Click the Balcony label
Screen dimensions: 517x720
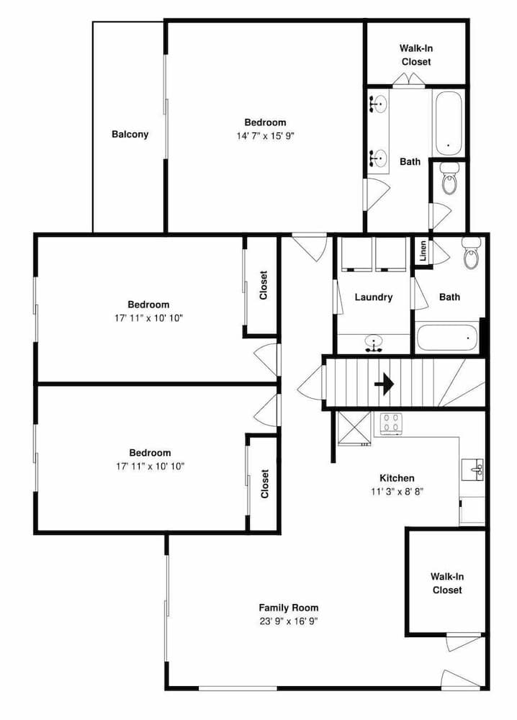click(x=130, y=135)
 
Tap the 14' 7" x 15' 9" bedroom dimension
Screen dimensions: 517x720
click(x=265, y=136)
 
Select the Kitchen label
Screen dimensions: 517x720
click(x=397, y=478)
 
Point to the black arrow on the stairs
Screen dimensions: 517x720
click(x=384, y=383)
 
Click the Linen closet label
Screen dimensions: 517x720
click(x=423, y=251)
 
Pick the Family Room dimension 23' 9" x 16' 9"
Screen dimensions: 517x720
click(x=288, y=621)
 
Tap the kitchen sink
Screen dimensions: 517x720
click(x=472, y=469)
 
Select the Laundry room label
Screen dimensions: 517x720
click(x=373, y=297)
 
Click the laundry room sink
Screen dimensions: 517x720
click(x=374, y=343)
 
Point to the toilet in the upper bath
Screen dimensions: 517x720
click(x=449, y=177)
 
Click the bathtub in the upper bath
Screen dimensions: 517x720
click(x=448, y=124)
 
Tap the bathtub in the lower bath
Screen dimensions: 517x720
click(x=448, y=338)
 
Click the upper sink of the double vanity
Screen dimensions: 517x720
click(x=378, y=104)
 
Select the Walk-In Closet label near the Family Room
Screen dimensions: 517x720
click(x=446, y=583)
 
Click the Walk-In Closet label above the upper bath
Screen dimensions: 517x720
click(x=416, y=55)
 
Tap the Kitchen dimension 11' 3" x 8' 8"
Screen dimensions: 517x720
click(x=397, y=492)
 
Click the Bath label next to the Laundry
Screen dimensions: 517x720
click(x=449, y=297)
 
